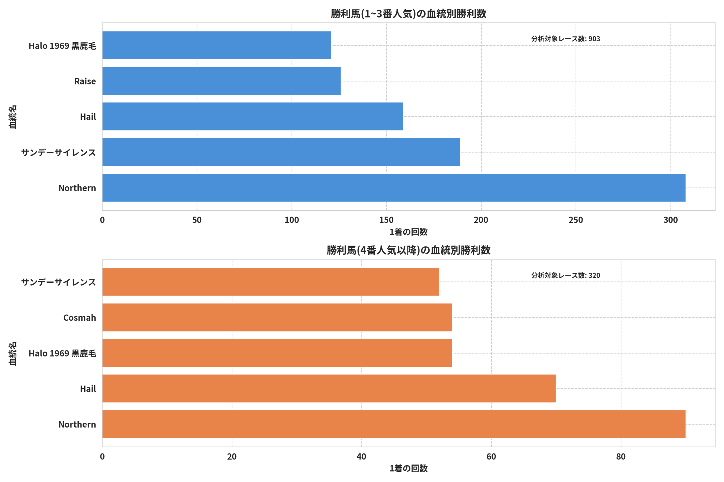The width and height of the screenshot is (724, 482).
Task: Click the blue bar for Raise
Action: [221, 81]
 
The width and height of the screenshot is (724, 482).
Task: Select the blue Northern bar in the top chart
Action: [394, 187]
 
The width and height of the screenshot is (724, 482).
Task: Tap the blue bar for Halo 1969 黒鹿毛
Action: [216, 45]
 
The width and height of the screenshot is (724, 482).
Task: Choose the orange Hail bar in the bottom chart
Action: [329, 388]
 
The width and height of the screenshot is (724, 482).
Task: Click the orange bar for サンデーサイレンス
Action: [271, 282]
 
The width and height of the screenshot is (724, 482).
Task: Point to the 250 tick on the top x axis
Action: [576, 220]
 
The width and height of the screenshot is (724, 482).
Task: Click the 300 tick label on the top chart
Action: [671, 220]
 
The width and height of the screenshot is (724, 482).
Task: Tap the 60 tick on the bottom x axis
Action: [491, 457]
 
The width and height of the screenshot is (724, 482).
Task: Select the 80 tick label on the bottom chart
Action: [620, 457]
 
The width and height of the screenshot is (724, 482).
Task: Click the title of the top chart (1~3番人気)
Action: [408, 14]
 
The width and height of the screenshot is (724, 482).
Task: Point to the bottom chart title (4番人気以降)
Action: [408, 250]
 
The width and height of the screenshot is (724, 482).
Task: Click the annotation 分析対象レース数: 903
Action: [565, 39]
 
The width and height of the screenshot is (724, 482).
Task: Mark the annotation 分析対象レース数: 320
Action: [565, 275]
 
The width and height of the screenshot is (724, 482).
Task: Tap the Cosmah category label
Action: [79, 318]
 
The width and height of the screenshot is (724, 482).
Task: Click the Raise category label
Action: [85, 81]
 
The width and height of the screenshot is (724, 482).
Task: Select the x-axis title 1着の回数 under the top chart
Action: [408, 232]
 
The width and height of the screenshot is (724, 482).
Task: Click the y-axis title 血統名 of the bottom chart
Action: [13, 354]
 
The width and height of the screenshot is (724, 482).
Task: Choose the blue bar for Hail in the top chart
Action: [253, 117]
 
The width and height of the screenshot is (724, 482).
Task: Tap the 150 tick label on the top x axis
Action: [386, 220]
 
